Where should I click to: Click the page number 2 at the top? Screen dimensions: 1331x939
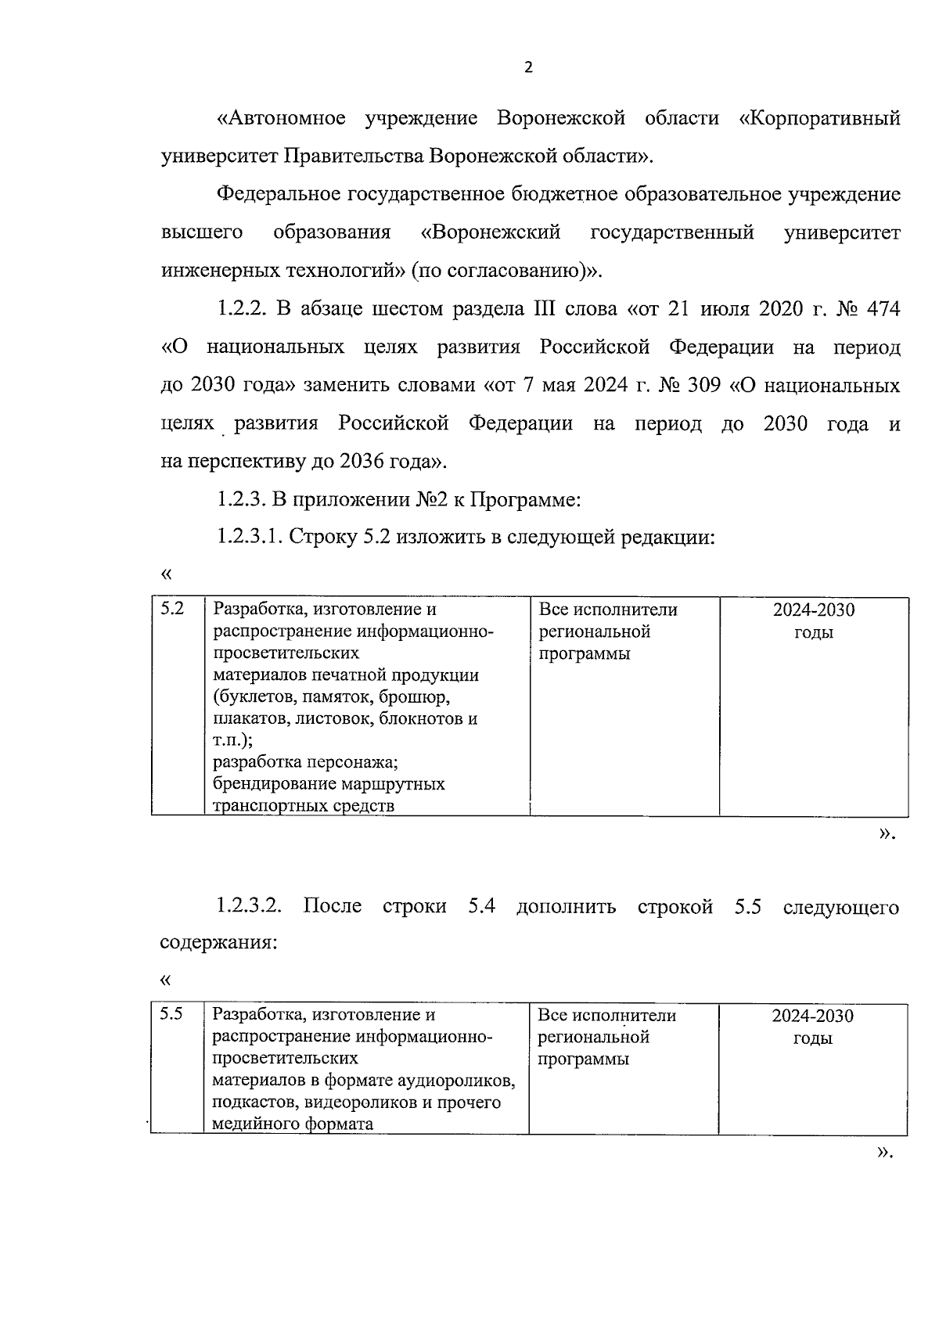527,68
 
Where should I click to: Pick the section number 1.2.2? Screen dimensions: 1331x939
243,309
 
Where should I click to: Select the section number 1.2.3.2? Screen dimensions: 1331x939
250,907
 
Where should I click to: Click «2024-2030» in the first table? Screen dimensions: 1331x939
814,610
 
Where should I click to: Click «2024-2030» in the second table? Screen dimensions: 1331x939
812,1016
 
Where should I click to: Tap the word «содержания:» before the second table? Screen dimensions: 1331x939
219,942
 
